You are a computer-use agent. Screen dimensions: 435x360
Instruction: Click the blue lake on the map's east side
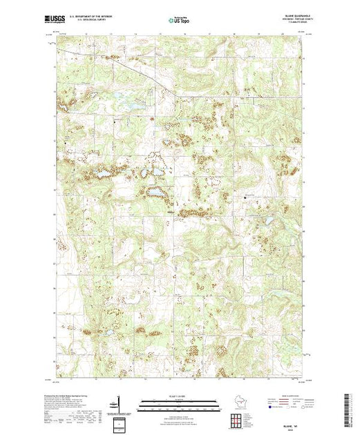[x=263, y=222]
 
